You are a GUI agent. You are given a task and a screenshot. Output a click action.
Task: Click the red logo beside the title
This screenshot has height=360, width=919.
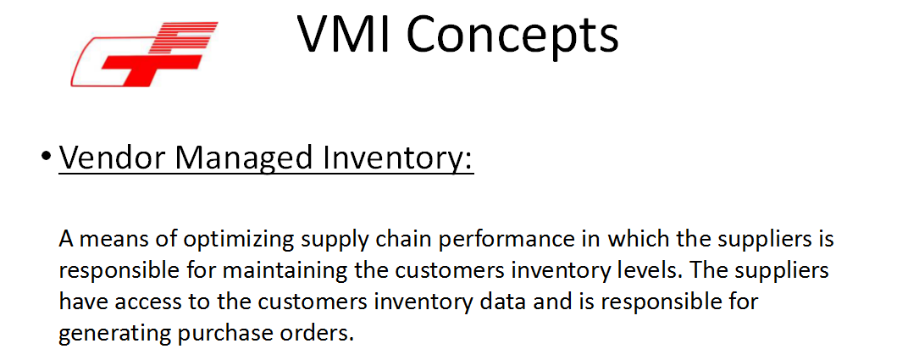click(x=144, y=54)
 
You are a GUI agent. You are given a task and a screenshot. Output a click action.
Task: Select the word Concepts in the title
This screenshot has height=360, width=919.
click(x=512, y=36)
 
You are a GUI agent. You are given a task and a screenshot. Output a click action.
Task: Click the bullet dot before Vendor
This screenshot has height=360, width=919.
click(x=46, y=158)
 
